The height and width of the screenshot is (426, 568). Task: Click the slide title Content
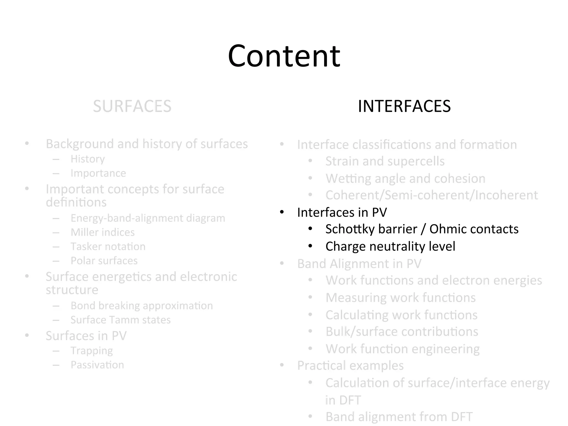(x=284, y=56)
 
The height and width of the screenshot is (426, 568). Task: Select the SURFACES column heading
(x=132, y=106)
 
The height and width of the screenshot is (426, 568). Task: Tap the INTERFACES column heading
(x=404, y=106)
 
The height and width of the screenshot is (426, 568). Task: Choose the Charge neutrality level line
(x=390, y=247)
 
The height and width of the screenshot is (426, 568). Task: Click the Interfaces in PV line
(x=342, y=213)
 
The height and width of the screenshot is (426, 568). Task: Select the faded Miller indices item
(x=102, y=232)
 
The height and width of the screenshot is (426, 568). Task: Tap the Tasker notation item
(x=108, y=247)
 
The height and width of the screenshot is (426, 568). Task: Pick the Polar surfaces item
(x=104, y=261)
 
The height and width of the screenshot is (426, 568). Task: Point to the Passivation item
(x=97, y=365)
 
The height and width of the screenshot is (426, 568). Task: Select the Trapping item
(x=92, y=351)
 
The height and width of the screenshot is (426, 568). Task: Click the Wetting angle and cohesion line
(x=405, y=179)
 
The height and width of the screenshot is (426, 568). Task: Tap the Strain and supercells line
(x=385, y=161)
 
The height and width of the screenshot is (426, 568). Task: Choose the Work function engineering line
(x=402, y=349)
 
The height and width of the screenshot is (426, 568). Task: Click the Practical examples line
(x=350, y=366)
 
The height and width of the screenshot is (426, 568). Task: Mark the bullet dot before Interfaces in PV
(x=282, y=213)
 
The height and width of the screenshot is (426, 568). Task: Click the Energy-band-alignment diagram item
(x=148, y=218)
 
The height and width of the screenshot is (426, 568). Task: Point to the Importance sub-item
(x=98, y=173)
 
